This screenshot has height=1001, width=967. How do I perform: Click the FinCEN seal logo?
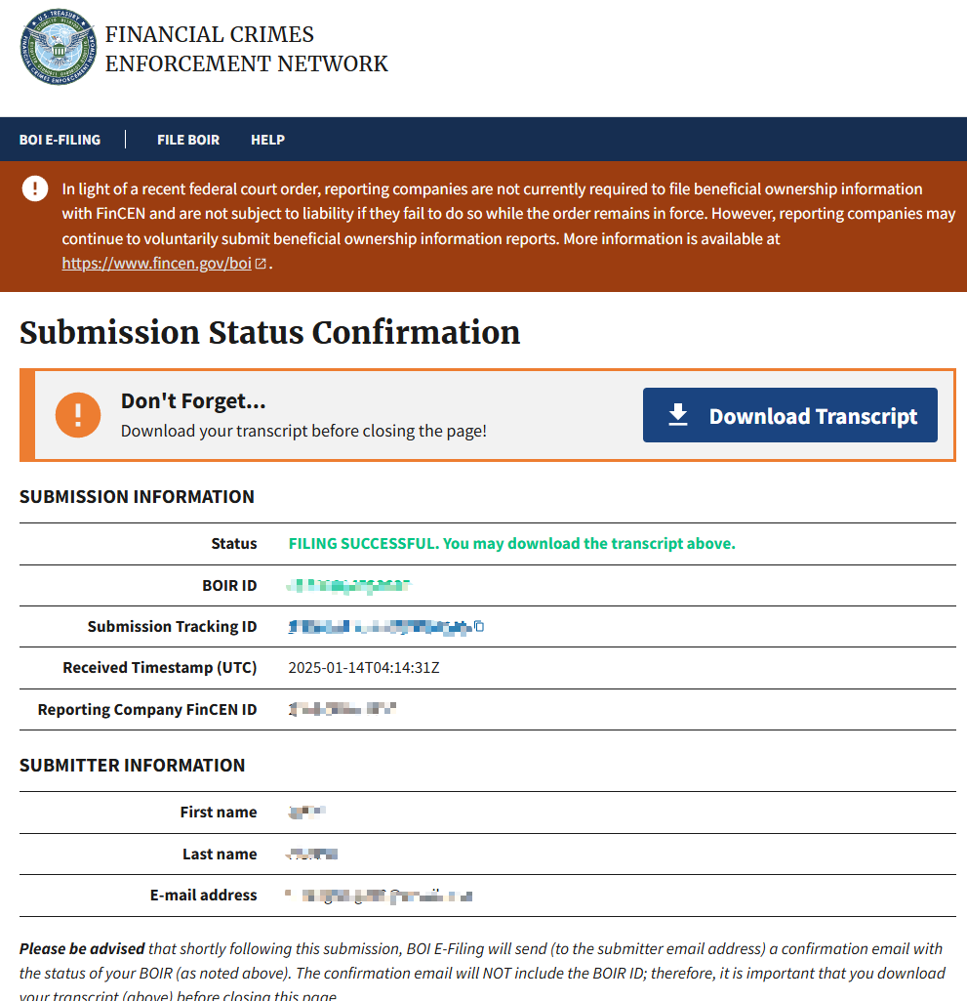tap(59, 48)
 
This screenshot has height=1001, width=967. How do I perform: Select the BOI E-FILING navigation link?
tap(60, 140)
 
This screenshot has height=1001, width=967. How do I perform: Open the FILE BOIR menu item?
tap(188, 140)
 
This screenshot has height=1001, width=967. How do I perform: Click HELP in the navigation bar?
tap(267, 140)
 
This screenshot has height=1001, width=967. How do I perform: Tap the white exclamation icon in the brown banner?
tap(35, 188)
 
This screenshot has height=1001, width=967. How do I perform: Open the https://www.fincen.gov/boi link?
tap(157, 263)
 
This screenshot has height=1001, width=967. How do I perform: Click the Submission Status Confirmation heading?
tap(269, 332)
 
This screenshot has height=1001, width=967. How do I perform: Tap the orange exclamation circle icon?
tap(78, 415)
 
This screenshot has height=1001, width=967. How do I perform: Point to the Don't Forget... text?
tap(193, 401)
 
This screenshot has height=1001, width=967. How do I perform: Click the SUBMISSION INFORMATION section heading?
tap(137, 496)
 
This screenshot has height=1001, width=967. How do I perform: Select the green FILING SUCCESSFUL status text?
tap(511, 543)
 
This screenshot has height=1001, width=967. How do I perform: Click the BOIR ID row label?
tap(229, 585)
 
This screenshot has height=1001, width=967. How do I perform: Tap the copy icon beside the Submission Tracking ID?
tap(479, 626)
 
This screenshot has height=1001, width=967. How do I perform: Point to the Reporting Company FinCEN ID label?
tap(147, 709)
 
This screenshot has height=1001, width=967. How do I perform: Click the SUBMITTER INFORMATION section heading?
tap(132, 765)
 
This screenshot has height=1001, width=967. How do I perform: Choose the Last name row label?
tap(220, 854)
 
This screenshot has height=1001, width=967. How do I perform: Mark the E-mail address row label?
tap(203, 895)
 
